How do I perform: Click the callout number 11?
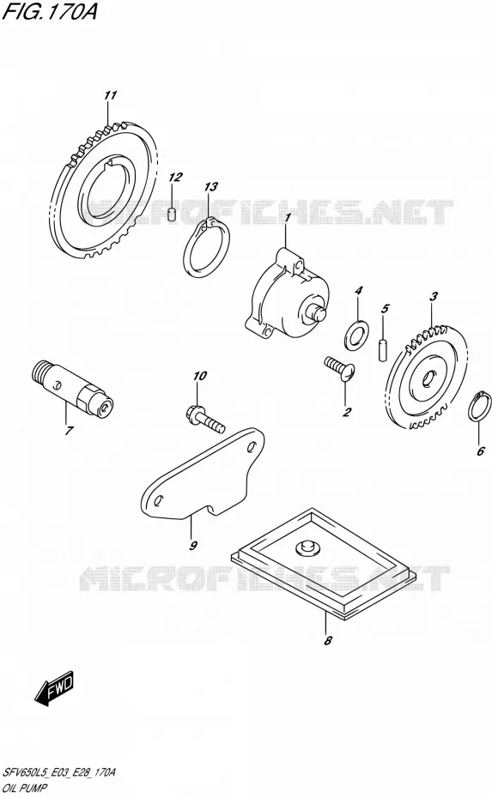pyautogui.click(x=111, y=95)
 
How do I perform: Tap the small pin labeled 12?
pyautogui.click(x=172, y=215)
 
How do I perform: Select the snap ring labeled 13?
pyautogui.click(x=206, y=248)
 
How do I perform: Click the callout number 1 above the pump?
pyautogui.click(x=288, y=218)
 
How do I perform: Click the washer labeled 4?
pyautogui.click(x=357, y=335)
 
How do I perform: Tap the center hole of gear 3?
pyautogui.click(x=427, y=378)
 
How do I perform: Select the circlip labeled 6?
pyautogui.click(x=479, y=406)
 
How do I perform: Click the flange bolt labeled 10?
pyautogui.click(x=204, y=417)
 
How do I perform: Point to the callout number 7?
pyautogui.click(x=68, y=431)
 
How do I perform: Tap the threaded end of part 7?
pyautogui.click(x=40, y=371)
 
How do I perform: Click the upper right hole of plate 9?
pyautogui.click(x=251, y=447)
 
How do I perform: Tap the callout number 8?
pyautogui.click(x=327, y=640)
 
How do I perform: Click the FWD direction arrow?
pyautogui.click(x=54, y=687)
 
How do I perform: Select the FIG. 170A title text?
pyautogui.click(x=50, y=12)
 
